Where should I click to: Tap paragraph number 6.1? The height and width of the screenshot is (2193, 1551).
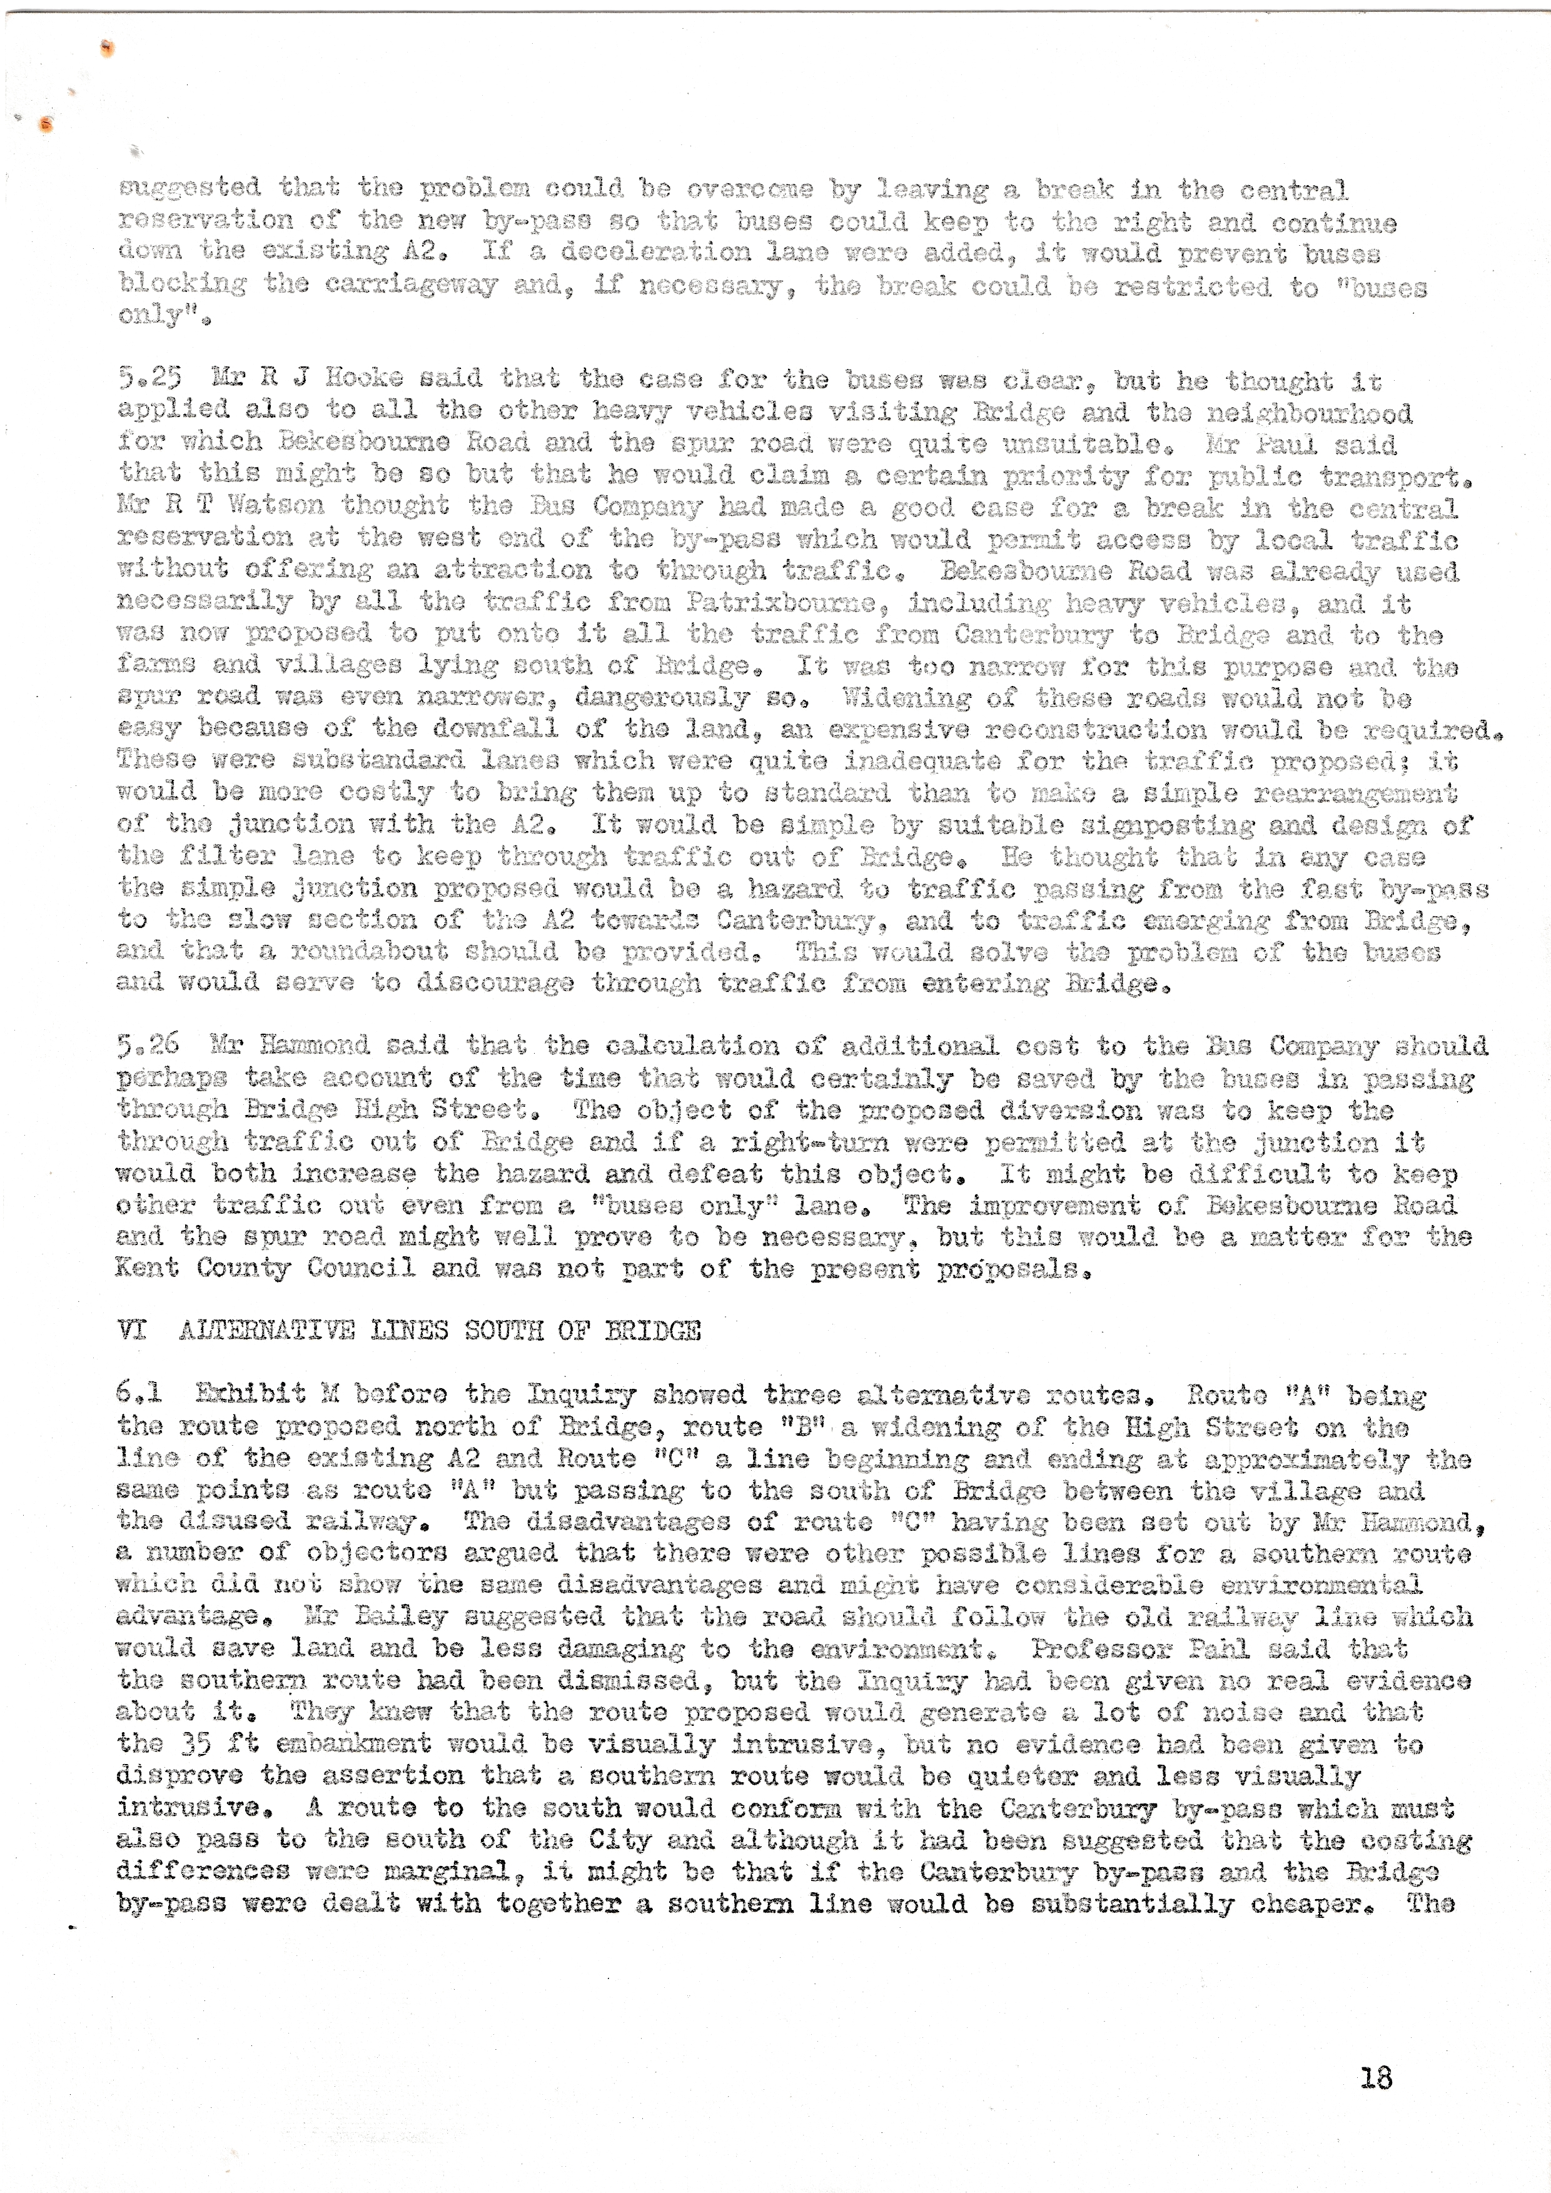click(x=139, y=1394)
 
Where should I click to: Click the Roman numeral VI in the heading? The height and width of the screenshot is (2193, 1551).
click(x=132, y=1331)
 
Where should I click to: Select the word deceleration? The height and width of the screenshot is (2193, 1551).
click(x=655, y=253)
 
